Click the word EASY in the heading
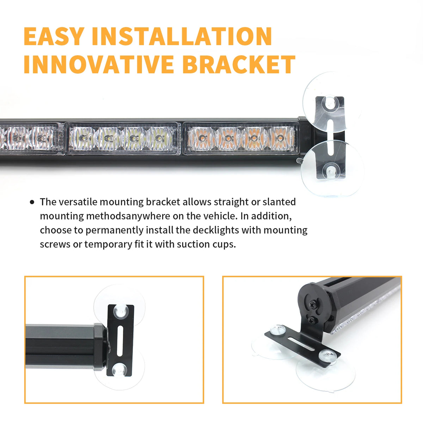(x=54, y=36)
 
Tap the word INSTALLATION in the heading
(x=182, y=36)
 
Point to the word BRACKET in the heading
(x=239, y=64)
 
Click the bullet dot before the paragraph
(x=32, y=202)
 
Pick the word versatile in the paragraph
(x=78, y=202)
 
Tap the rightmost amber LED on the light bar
(x=280, y=138)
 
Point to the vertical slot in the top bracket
(x=331, y=137)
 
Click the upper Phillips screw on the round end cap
(x=313, y=305)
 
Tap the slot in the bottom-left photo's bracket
(x=120, y=344)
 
